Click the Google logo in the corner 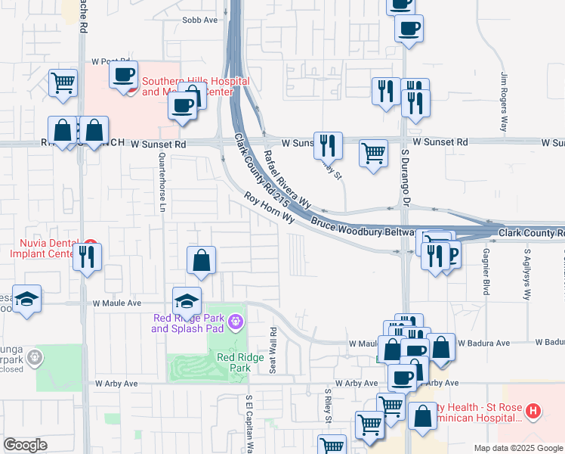25,445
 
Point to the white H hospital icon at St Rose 533,412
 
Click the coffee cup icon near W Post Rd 123,74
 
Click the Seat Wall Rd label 273,350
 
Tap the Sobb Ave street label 202,20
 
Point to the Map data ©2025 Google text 517,448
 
